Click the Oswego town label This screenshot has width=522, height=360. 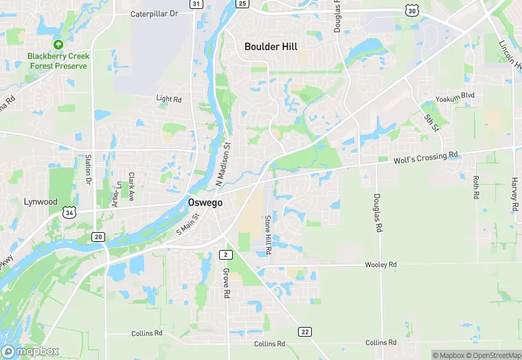pyautogui.click(x=204, y=203)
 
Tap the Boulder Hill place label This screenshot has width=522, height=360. pyautogui.click(x=271, y=47)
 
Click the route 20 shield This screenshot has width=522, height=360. pyautogui.click(x=98, y=237)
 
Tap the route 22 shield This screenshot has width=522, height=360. pyautogui.click(x=304, y=332)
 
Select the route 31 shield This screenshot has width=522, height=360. pyautogui.click(x=196, y=4)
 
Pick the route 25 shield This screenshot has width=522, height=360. pyautogui.click(x=242, y=3)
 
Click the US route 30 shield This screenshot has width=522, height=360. pyautogui.click(x=411, y=10)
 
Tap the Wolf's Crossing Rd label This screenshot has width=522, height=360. pyautogui.click(x=426, y=158)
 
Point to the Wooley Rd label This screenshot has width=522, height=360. pyautogui.click(x=381, y=265)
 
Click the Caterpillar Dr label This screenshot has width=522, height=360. pyautogui.click(x=155, y=13)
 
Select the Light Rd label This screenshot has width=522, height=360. pyautogui.click(x=169, y=99)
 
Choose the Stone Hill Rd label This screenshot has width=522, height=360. pyautogui.click(x=269, y=236)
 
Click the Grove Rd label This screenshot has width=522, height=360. pyautogui.click(x=225, y=282)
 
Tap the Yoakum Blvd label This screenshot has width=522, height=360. pyautogui.click(x=459, y=95)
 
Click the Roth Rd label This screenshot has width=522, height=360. pyautogui.click(x=475, y=187)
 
